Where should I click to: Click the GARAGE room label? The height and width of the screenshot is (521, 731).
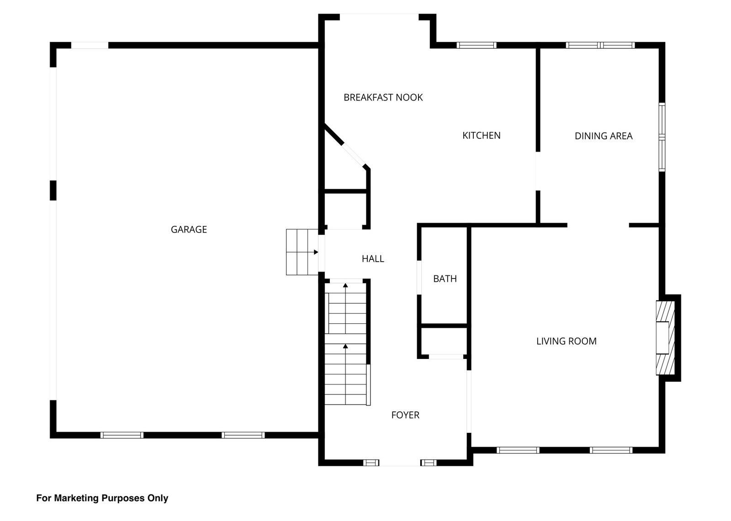(189, 230)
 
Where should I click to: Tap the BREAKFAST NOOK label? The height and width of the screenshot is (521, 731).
(383, 98)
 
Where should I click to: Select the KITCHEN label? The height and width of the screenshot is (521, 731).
(482, 136)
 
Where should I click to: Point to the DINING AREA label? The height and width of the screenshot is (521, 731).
(604, 136)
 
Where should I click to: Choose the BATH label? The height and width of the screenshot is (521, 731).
(445, 279)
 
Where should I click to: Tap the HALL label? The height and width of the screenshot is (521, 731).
(373, 259)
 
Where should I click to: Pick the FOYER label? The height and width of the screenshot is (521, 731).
(405, 415)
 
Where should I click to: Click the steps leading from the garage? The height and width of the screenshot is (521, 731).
(302, 252)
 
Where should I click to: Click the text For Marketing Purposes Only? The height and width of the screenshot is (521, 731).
(102, 498)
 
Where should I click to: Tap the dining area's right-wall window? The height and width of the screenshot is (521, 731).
(662, 137)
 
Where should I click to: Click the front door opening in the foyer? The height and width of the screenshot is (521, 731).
(400, 463)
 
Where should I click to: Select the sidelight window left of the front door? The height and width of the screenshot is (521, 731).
(371, 463)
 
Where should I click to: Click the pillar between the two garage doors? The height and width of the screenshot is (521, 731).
(53, 190)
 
